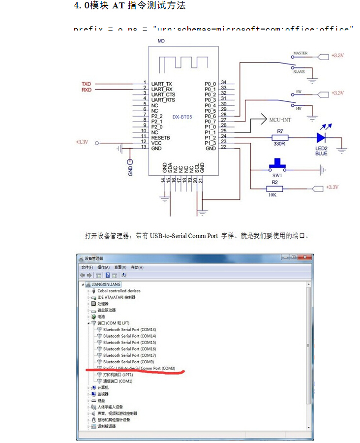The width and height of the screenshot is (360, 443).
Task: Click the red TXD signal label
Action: (x=86, y=84)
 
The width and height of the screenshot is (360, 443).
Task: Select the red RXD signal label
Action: (x=86, y=90)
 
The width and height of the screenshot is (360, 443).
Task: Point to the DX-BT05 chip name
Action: (x=182, y=117)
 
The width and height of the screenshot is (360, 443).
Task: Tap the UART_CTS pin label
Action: (x=163, y=95)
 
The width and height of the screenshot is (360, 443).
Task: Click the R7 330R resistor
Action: (x=280, y=138)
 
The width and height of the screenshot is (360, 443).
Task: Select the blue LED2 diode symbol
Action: (x=322, y=138)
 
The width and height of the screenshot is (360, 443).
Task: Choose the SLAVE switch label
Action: (x=299, y=72)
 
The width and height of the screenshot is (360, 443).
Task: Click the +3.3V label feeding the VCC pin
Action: (x=82, y=142)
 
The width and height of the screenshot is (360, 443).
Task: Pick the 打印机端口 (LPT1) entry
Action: (x=118, y=375)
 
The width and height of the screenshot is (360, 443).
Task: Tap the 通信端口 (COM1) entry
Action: (x=118, y=381)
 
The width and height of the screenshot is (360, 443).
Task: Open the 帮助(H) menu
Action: (x=137, y=267)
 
